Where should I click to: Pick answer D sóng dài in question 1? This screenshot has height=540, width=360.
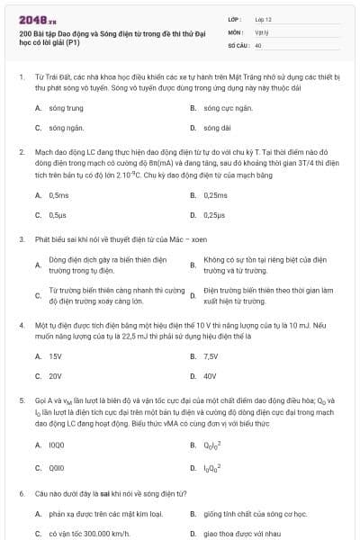click(x=217, y=128)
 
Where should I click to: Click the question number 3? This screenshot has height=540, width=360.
click(x=21, y=240)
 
